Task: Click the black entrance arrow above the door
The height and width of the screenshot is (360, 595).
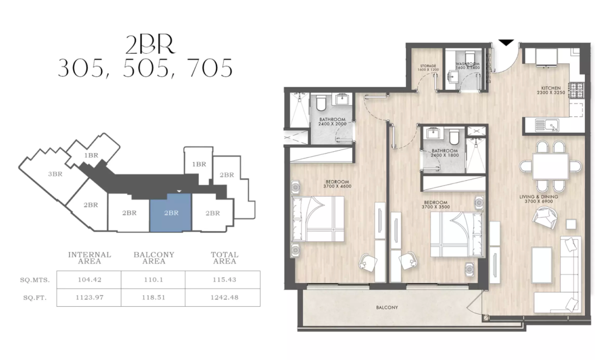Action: point(506,42)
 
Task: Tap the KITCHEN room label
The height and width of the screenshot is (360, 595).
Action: point(551,89)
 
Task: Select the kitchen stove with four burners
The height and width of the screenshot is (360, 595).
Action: point(577,90)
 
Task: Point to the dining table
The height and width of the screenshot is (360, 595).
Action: point(550,166)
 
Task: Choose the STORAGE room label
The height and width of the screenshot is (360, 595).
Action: point(428,66)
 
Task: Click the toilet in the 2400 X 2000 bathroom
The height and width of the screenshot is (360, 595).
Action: point(321,103)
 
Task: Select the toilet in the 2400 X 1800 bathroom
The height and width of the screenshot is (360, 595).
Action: point(454,138)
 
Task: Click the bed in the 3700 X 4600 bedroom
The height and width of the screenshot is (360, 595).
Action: point(318,219)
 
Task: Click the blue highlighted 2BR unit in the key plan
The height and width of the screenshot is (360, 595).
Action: point(171,213)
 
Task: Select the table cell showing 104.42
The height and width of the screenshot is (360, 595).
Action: point(89,280)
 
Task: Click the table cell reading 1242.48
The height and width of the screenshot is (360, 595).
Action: point(224,297)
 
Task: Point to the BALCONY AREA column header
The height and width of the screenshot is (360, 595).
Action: point(154,258)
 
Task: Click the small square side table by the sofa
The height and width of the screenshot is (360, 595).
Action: point(571,224)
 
